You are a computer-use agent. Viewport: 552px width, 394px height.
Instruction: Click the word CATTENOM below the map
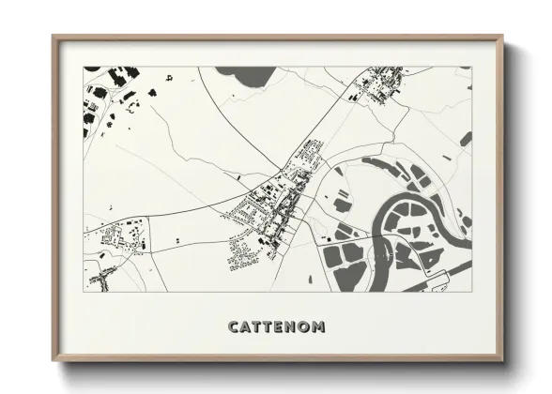point(276,326)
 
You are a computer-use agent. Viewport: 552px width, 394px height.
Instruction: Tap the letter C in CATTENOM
point(234,326)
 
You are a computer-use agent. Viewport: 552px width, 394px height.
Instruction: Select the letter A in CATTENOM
point(246,326)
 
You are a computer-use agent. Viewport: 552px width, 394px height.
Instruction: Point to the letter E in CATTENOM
point(282,326)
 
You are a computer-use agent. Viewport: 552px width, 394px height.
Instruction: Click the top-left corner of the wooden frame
point(54,37)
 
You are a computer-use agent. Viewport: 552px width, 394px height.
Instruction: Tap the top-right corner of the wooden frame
point(502,37)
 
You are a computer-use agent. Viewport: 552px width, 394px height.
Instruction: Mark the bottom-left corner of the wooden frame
point(54,361)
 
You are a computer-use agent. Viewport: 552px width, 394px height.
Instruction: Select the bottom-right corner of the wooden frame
point(502,361)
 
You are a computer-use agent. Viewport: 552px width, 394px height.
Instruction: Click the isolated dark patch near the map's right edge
point(466,139)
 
